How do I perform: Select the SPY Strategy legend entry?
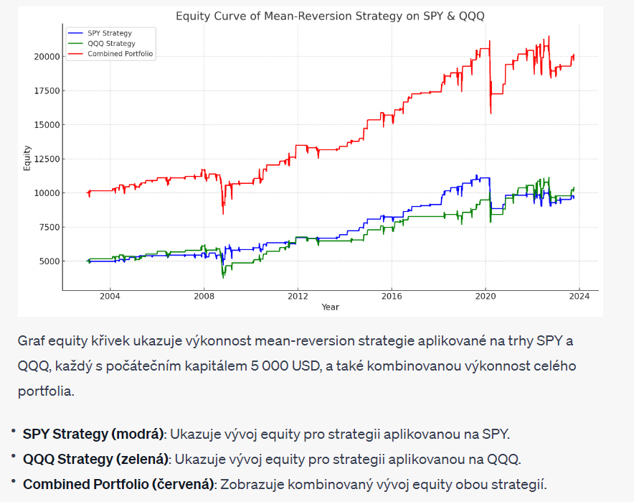point(109,33)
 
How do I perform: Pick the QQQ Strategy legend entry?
point(110,43)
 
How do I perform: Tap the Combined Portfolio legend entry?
point(120,54)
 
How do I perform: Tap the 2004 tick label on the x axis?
point(110,296)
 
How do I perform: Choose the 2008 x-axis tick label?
point(204,296)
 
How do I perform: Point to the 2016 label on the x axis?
point(392,296)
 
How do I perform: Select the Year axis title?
point(330,307)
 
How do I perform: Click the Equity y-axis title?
point(27,158)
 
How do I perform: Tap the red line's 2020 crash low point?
point(491,113)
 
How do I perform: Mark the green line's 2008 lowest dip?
point(223,276)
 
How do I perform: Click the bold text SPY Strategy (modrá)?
point(93,434)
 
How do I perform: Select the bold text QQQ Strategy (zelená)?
point(96,459)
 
